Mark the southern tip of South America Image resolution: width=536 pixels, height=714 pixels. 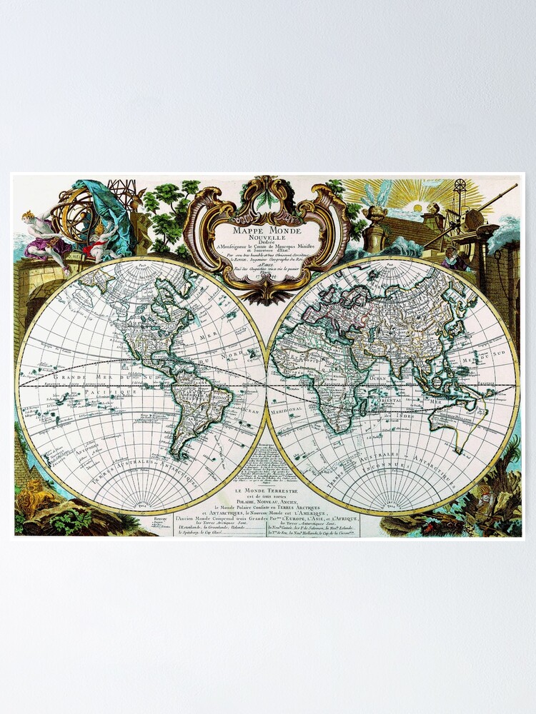tap(184, 457)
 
